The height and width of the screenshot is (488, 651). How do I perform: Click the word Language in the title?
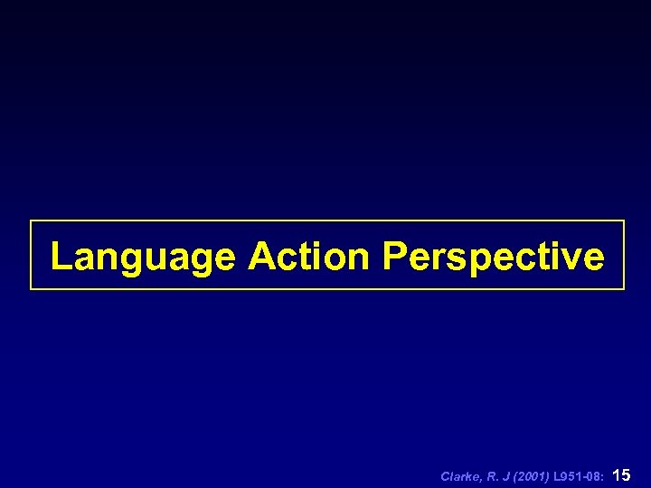(x=142, y=258)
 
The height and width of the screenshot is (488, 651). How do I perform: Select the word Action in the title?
(x=308, y=257)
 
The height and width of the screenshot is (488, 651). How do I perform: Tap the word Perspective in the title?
(x=493, y=258)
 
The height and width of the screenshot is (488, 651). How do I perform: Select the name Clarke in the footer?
(x=458, y=475)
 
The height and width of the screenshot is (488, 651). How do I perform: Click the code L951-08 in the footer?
(x=580, y=475)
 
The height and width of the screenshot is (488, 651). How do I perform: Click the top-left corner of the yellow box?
(x=31, y=221)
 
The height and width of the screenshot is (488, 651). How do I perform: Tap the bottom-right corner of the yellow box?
(x=624, y=288)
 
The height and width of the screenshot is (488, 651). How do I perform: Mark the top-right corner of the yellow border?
(x=624, y=221)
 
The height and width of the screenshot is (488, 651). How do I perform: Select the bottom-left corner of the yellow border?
(x=31, y=288)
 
